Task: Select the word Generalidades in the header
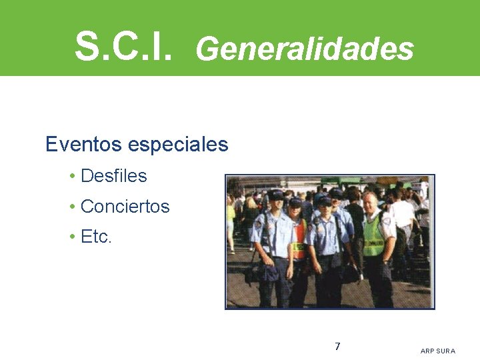pyautogui.click(x=305, y=49)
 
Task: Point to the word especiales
pyautogui.click(x=177, y=145)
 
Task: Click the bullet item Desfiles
pyautogui.click(x=113, y=176)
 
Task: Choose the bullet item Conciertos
pyautogui.click(x=125, y=207)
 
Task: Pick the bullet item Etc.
pyautogui.click(x=96, y=237)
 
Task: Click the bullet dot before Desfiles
pyautogui.click(x=71, y=177)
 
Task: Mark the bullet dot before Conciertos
pyautogui.click(x=71, y=207)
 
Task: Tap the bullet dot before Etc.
pyautogui.click(x=71, y=237)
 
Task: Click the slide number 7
pyautogui.click(x=337, y=347)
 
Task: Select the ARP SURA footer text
pyautogui.click(x=438, y=351)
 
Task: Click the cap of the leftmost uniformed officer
pyautogui.click(x=275, y=195)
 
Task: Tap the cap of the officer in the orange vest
pyautogui.click(x=295, y=200)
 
